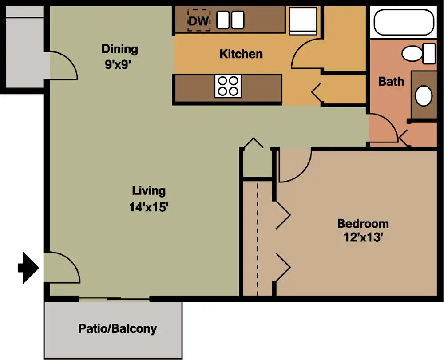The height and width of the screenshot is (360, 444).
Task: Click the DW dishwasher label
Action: pyautogui.click(x=198, y=21)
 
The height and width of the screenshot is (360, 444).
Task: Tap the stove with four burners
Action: pyautogui.click(x=228, y=86)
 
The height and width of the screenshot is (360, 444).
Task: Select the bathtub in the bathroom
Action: pyautogui.click(x=404, y=22)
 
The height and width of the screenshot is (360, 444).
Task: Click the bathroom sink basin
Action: pyautogui.click(x=424, y=96)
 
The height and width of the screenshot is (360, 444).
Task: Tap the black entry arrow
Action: pyautogui.click(x=28, y=268)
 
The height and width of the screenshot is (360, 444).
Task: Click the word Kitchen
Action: pyautogui.click(x=241, y=54)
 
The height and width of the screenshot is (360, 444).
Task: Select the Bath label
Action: pyautogui.click(x=391, y=82)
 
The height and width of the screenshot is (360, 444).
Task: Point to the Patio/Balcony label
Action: pyautogui.click(x=117, y=329)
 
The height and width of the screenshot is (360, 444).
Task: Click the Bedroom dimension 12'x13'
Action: pyautogui.click(x=363, y=237)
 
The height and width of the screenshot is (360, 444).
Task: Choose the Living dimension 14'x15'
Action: pyautogui.click(x=149, y=207)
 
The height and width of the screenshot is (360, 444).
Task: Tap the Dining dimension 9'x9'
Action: pyautogui.click(x=118, y=65)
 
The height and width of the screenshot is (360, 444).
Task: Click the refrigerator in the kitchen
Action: pyautogui.click(x=303, y=21)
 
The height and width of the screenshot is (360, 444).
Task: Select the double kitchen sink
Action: pyautogui.click(x=230, y=20)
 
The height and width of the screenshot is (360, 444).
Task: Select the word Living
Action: pyautogui.click(x=149, y=191)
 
